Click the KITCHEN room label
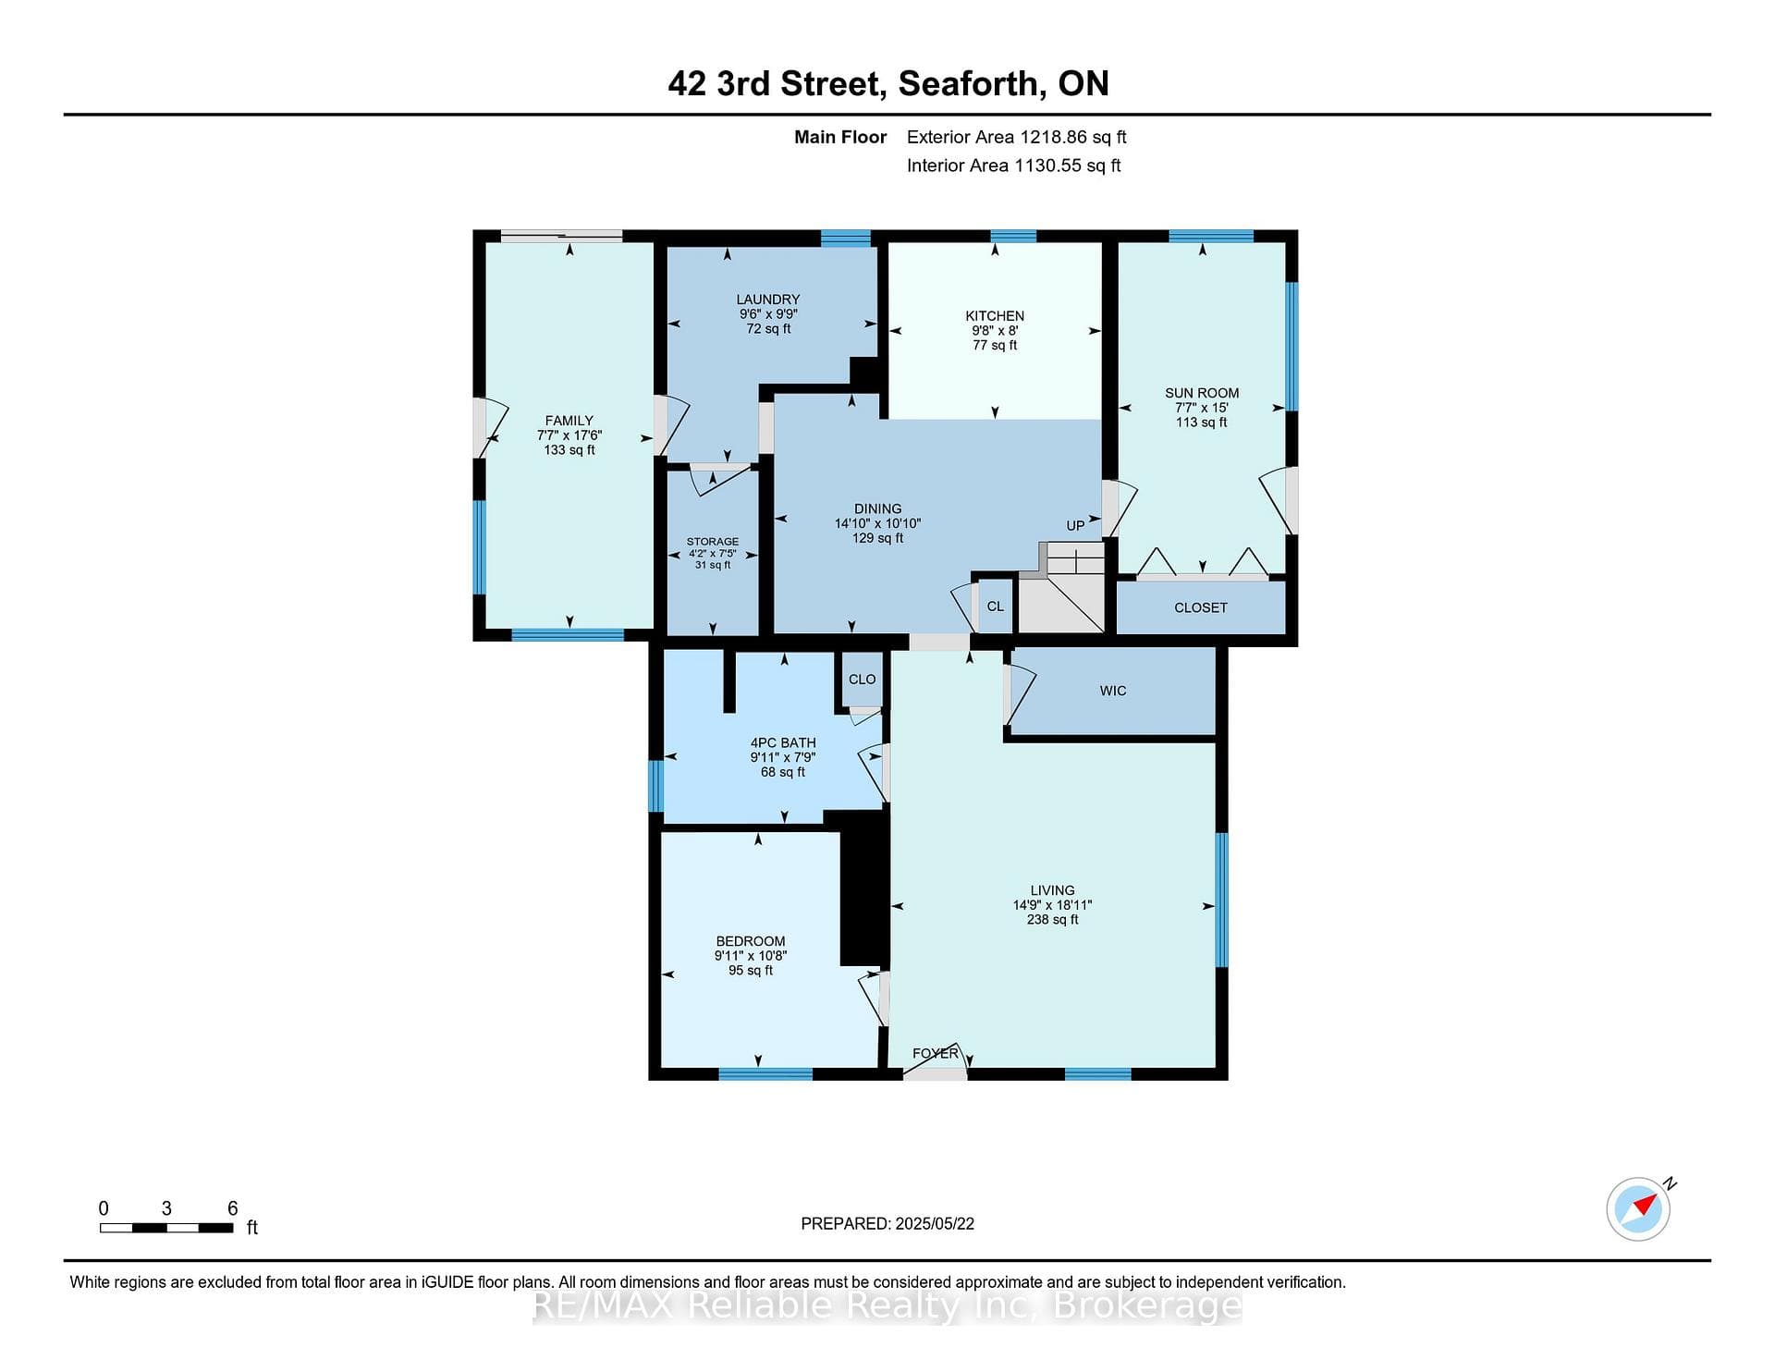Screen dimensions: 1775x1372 pyautogui.click(x=995, y=316)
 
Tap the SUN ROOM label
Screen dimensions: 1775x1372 pyautogui.click(x=1202, y=393)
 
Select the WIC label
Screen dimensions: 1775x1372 pyautogui.click(x=1113, y=691)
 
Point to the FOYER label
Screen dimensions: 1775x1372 pyautogui.click(x=936, y=1053)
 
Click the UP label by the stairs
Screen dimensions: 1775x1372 pyautogui.click(x=1075, y=525)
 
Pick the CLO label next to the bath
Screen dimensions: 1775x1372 pyautogui.click(x=863, y=680)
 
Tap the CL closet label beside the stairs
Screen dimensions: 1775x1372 pyautogui.click(x=995, y=606)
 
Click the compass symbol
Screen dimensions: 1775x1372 pyautogui.click(x=1639, y=1207)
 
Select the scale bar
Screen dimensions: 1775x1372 pyautogui.click(x=166, y=1228)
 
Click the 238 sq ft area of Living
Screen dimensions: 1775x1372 pyautogui.click(x=1052, y=920)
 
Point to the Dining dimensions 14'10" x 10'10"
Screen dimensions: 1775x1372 pyautogui.click(x=877, y=523)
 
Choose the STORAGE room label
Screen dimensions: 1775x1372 pyautogui.click(x=713, y=542)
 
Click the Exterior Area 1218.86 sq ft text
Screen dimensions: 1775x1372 pyautogui.click(x=1017, y=137)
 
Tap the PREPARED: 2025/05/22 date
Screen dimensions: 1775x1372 pyautogui.click(x=887, y=1224)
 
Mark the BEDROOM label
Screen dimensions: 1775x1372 pyautogui.click(x=750, y=941)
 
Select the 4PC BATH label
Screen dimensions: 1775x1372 pyautogui.click(x=783, y=742)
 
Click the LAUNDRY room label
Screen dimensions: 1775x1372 pyautogui.click(x=768, y=300)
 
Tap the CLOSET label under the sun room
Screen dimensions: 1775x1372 pyautogui.click(x=1201, y=607)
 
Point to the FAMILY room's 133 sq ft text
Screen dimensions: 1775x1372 pyautogui.click(x=569, y=450)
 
